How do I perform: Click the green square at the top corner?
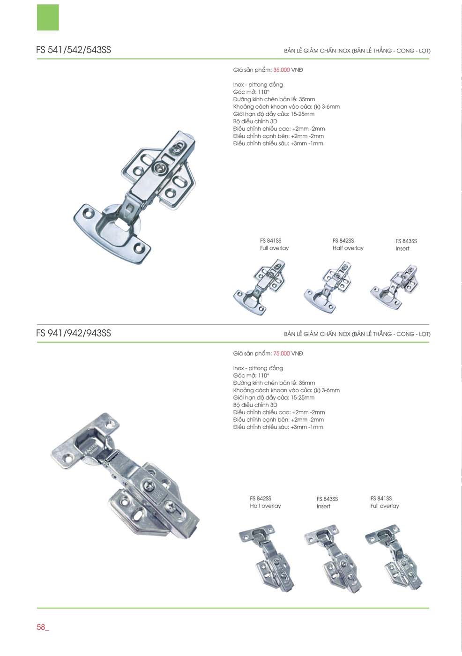(48, 17)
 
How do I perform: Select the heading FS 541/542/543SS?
(74, 50)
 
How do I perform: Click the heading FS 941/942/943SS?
(74, 333)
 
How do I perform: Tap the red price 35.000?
(281, 70)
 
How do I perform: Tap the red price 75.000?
(281, 353)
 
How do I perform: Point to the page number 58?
(41, 627)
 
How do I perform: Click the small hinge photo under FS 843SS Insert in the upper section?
(394, 287)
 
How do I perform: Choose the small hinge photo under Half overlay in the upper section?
(328, 288)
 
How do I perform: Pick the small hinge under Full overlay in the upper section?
(260, 287)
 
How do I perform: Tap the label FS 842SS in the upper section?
(343, 241)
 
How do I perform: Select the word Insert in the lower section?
(323, 507)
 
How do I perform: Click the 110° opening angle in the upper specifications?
(263, 92)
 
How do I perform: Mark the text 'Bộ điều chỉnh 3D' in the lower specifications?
(255, 405)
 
